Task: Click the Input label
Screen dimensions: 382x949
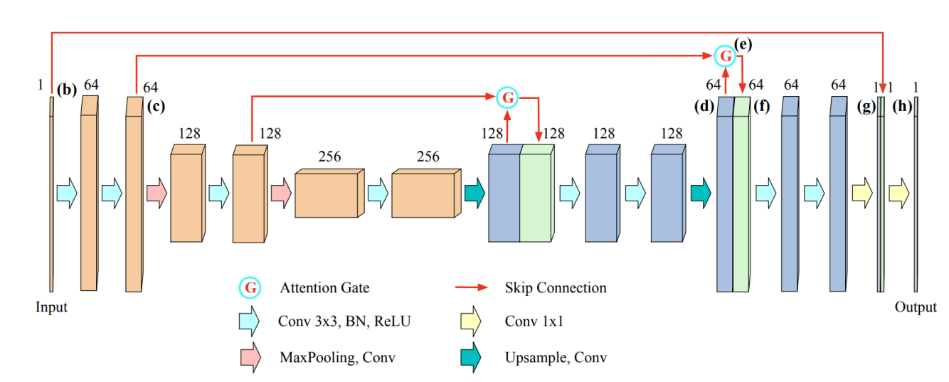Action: point(51,307)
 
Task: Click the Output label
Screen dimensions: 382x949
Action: point(916,307)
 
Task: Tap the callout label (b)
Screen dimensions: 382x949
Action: point(67,90)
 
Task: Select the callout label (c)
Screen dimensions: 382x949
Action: point(156,107)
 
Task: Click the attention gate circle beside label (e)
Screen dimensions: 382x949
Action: point(725,55)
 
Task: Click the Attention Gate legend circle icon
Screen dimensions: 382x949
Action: point(250,288)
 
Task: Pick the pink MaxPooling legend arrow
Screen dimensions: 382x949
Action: point(250,356)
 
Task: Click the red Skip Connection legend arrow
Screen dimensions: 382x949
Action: point(471,288)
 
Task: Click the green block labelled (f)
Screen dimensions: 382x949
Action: point(741,199)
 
